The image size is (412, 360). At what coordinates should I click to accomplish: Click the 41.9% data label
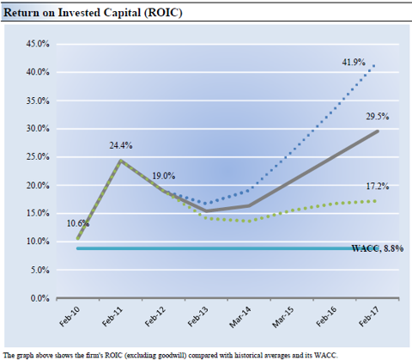[x=354, y=62]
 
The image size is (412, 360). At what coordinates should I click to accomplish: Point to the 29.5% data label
[x=378, y=116]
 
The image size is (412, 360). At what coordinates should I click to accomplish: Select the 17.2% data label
[x=378, y=186]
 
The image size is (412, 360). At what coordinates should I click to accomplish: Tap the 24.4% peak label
[x=121, y=145]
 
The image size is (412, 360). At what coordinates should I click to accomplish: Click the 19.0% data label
[x=163, y=175]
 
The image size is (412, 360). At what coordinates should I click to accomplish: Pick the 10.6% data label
[x=78, y=223]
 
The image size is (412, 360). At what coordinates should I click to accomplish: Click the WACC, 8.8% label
[x=378, y=248]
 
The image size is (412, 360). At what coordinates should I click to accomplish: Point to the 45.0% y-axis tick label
[x=38, y=44]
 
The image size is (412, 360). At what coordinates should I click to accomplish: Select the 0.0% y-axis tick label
[x=39, y=298]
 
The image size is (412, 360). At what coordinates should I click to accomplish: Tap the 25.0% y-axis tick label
[x=38, y=157]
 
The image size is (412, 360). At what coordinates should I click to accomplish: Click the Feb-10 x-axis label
[x=70, y=317]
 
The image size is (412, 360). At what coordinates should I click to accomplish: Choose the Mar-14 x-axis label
[x=240, y=317]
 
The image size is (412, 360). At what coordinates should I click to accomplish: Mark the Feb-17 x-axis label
[x=369, y=317]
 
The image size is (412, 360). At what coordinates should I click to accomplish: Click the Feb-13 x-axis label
[x=198, y=317]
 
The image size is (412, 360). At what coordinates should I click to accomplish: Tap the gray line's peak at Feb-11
[x=121, y=161]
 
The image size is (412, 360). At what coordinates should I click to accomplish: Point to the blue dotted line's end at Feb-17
[x=373, y=66]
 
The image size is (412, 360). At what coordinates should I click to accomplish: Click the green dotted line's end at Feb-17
[x=374, y=201]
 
